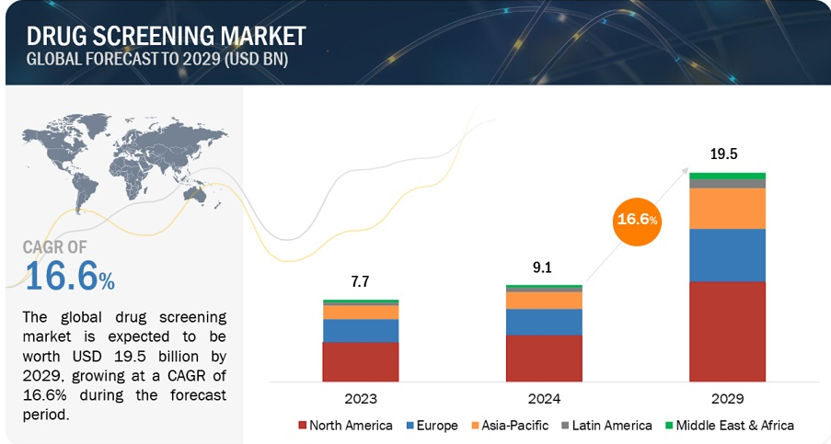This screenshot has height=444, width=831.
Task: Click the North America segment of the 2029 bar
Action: (727, 331)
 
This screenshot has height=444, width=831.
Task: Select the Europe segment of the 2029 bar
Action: (727, 255)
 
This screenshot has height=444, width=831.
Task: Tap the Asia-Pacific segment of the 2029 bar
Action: (727, 209)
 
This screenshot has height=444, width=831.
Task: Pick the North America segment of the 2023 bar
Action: (360, 361)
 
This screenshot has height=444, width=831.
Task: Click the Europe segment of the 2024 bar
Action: (544, 322)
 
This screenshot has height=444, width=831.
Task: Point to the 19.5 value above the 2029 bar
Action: (727, 154)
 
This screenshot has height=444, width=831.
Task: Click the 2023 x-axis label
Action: (360, 399)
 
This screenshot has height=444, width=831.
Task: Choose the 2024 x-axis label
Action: (544, 399)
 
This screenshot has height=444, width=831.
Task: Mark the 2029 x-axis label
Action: (727, 399)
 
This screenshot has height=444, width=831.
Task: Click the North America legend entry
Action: (345, 426)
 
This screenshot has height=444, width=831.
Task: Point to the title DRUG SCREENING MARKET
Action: (167, 36)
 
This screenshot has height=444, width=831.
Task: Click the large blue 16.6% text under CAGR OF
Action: (70, 277)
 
